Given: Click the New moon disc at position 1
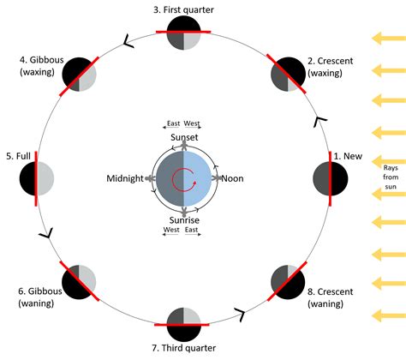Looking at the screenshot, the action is click(331, 178).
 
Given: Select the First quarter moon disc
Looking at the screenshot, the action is click(183, 33).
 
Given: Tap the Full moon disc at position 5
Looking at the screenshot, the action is click(37, 178).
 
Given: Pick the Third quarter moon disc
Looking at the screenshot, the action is click(183, 325).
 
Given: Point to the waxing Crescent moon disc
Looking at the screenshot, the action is click(288, 75).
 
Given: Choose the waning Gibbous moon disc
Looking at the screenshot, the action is click(79, 282).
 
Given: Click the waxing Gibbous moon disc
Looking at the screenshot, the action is click(79, 75).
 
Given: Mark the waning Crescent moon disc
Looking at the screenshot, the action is click(288, 282).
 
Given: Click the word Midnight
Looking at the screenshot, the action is click(125, 178).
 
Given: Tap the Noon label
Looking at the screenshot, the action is click(232, 178).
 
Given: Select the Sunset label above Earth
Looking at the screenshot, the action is click(184, 137).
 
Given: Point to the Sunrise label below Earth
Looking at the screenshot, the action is click(184, 220).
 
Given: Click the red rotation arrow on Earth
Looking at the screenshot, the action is click(183, 180).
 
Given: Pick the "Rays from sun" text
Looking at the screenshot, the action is click(391, 177).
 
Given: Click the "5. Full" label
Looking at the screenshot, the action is click(18, 156).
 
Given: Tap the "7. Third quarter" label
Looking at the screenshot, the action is click(183, 348).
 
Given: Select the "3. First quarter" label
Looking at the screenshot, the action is click(183, 9).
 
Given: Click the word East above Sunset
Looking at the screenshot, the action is click(173, 123).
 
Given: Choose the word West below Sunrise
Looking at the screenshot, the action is click(171, 230).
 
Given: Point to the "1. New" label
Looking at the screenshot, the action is click(348, 156).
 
